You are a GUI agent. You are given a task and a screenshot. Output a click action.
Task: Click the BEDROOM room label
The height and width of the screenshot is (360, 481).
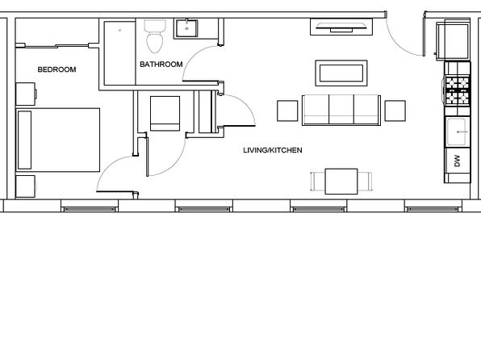(x=56, y=69)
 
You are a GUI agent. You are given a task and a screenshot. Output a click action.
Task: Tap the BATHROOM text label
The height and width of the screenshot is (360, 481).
(x=161, y=65)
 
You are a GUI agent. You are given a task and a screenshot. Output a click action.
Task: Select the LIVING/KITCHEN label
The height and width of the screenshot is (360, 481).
(x=273, y=150)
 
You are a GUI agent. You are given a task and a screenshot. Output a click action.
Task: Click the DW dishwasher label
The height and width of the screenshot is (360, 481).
(x=458, y=161)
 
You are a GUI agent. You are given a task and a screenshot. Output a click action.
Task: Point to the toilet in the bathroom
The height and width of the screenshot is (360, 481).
(x=155, y=36)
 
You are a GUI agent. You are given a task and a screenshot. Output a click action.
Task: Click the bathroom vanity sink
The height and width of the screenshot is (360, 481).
(x=186, y=28)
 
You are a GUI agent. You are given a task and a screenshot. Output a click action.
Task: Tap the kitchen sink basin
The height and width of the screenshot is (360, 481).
(x=457, y=132)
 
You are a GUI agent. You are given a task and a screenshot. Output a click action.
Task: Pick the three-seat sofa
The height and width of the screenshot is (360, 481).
(x=341, y=110)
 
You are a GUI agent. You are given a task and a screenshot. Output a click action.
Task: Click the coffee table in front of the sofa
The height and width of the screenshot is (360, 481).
(x=341, y=73)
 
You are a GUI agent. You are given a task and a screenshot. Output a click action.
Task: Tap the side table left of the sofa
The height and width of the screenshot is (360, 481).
(x=287, y=111)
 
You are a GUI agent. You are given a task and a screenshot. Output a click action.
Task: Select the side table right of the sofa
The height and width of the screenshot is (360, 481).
(x=395, y=111)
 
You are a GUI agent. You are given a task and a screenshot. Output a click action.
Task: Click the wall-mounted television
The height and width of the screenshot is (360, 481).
(x=341, y=27)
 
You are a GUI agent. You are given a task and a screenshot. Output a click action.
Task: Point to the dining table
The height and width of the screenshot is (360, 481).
(x=341, y=182)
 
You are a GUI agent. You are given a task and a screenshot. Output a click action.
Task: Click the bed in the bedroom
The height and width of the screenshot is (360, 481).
(x=57, y=140)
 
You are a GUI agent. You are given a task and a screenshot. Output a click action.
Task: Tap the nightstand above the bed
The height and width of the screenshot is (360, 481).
(x=26, y=94)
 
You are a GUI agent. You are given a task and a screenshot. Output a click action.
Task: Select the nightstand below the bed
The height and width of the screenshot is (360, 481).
(x=26, y=186)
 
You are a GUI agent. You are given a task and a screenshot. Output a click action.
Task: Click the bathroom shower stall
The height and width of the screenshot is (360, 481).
(x=119, y=53)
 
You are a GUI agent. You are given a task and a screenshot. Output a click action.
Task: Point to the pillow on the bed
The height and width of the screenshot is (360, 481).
(x=24, y=140)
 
